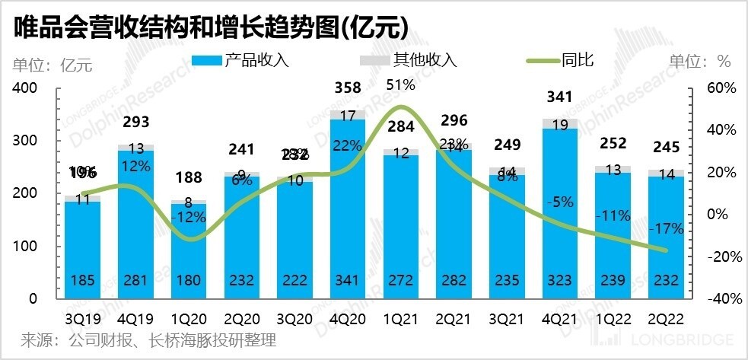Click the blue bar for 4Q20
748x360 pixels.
tap(348, 205)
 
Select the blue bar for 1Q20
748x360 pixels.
tap(188, 251)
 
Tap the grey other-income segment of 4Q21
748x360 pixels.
tap(560, 124)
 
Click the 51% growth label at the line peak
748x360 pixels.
tap(401, 84)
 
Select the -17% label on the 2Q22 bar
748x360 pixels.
tap(667, 228)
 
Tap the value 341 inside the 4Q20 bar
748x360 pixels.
tap(348, 281)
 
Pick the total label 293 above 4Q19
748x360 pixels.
tap(135, 123)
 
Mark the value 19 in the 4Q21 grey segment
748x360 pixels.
tap(560, 125)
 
